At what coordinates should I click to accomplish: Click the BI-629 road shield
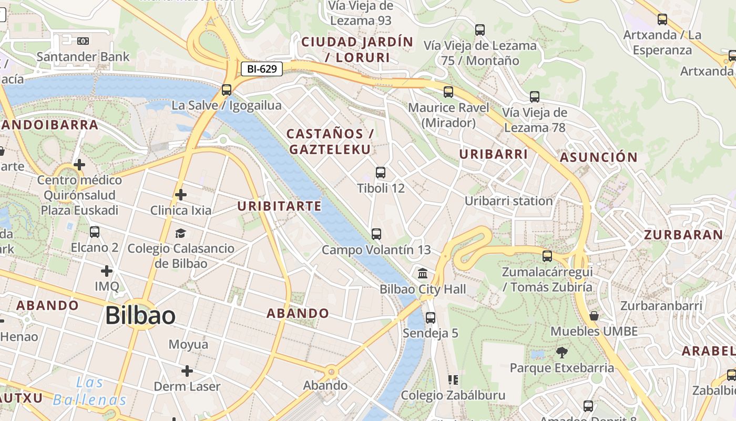click(x=262, y=68)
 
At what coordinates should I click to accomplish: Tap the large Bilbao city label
click(x=140, y=315)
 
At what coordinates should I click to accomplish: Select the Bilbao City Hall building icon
click(x=422, y=274)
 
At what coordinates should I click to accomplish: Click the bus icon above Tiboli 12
click(x=381, y=172)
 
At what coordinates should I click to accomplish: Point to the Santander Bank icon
click(x=83, y=41)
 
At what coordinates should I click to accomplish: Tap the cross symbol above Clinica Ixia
click(x=180, y=195)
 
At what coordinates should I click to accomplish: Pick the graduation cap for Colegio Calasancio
click(x=180, y=233)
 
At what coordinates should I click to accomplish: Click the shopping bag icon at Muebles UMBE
click(x=594, y=316)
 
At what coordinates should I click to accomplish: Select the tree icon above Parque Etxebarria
click(x=561, y=352)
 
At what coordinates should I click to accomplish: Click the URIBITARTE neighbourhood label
click(x=279, y=206)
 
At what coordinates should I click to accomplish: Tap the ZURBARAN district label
click(x=683, y=235)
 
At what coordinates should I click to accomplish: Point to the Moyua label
click(x=188, y=345)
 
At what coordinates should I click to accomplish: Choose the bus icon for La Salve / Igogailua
click(x=227, y=89)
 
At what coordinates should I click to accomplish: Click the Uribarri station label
click(x=508, y=201)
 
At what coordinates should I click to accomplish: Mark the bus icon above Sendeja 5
click(x=431, y=317)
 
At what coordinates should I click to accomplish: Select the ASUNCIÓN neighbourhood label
click(x=598, y=157)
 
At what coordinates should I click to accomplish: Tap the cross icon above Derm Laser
click(x=187, y=371)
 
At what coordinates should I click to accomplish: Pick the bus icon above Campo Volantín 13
click(x=376, y=234)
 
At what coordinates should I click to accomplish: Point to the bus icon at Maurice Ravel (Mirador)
click(x=448, y=92)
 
